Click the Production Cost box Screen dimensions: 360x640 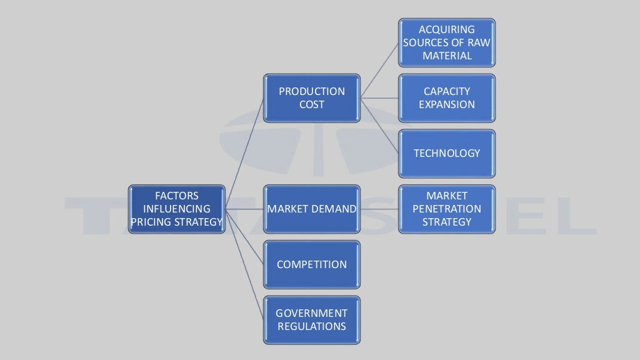[x=311, y=98]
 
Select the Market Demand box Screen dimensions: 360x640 [x=311, y=209]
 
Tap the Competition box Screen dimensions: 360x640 [x=311, y=264]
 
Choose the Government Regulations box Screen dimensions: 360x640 [x=311, y=319]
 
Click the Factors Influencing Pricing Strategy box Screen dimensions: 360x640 [x=176, y=209]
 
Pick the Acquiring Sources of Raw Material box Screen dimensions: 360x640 [x=447, y=42]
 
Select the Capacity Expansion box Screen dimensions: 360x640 [x=447, y=98]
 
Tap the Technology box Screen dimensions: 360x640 [x=447, y=153]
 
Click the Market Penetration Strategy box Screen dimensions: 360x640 [x=447, y=209]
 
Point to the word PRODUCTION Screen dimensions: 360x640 [x=311, y=91]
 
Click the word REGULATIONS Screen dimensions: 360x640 [x=311, y=326]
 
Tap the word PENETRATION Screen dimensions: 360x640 [x=447, y=209]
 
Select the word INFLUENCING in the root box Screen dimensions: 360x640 [x=176, y=209]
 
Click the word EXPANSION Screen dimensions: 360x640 [x=447, y=105]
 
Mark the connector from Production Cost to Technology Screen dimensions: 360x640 [x=380, y=126]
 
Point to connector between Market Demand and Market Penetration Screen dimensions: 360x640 [x=379, y=209]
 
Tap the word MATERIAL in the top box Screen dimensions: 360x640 [x=447, y=56]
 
